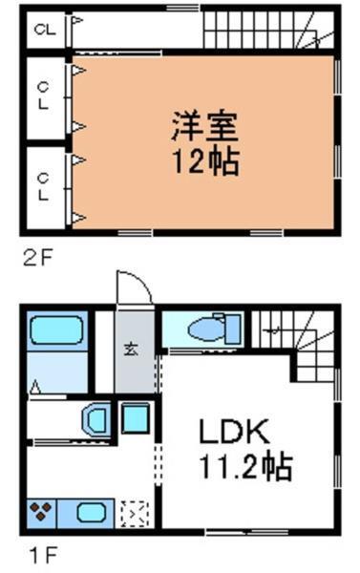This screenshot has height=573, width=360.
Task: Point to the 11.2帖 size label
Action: tap(244, 468)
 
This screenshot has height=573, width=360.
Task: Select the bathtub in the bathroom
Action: tap(56, 330)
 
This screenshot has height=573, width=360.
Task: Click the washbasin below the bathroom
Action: tap(97, 419)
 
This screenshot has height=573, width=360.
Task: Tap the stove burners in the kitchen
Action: tap(43, 512)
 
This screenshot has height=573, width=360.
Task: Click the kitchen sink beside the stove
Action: tap(91, 512)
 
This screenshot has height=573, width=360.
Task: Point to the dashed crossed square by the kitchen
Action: tap(133, 513)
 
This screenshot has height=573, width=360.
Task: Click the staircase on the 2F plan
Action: tap(270, 31)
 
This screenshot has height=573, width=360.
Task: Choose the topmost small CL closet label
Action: tap(43, 30)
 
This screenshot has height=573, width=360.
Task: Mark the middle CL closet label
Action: tap(43, 95)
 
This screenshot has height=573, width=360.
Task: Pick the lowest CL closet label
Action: tap(43, 184)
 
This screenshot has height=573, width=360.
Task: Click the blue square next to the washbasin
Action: tap(136, 418)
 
